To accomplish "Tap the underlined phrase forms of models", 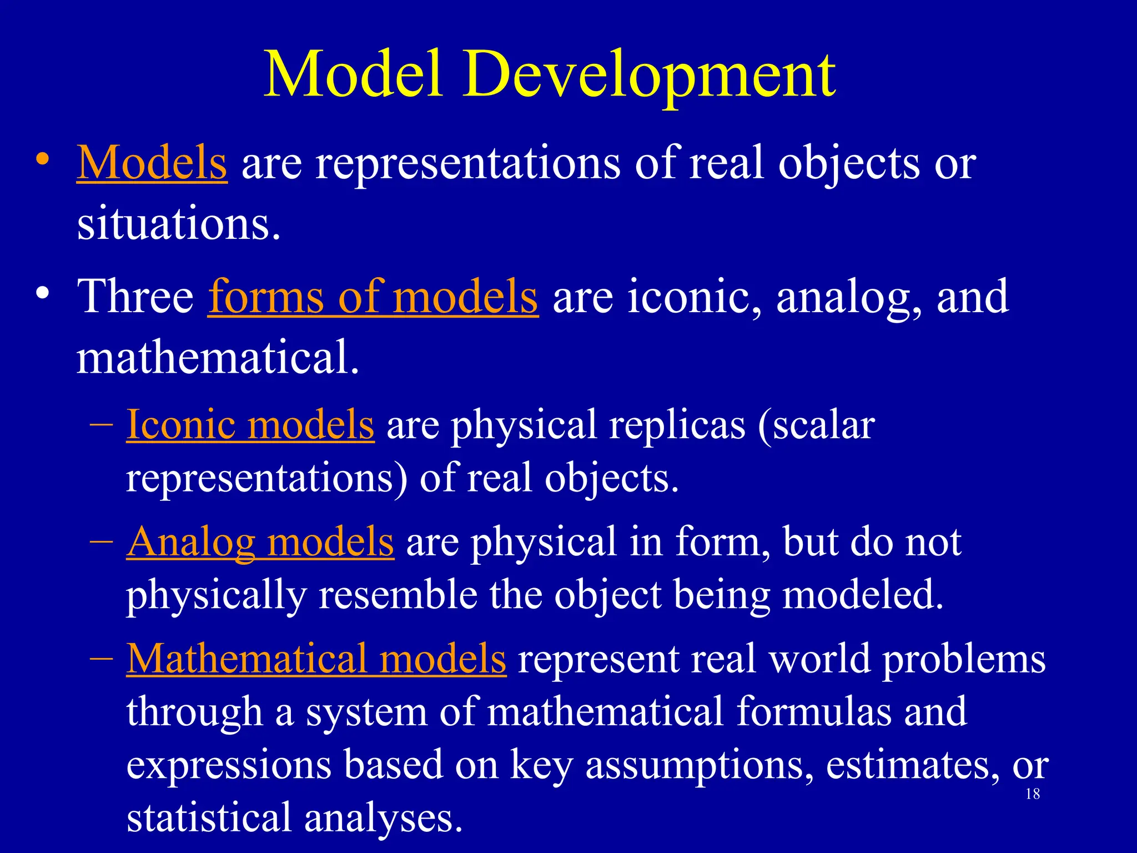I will (373, 297).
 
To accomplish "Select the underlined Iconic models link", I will (250, 425).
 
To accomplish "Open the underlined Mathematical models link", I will (316, 659).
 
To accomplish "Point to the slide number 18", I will (1033, 794).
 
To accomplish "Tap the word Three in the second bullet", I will (135, 297).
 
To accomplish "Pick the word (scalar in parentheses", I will (816, 426).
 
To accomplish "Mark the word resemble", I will (398, 595).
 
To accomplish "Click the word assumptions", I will (700, 765).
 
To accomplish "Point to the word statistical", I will (209, 818).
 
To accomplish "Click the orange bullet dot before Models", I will (42, 159).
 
